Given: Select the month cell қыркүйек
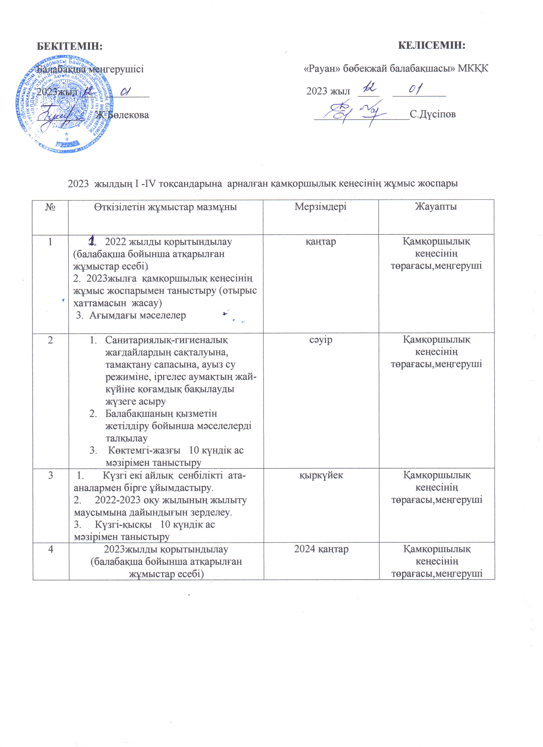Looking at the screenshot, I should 321,475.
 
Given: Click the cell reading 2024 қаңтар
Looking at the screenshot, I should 321,549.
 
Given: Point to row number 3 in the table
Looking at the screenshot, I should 50,475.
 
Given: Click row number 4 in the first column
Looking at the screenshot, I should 50,549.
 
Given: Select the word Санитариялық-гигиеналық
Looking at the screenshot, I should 166,340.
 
